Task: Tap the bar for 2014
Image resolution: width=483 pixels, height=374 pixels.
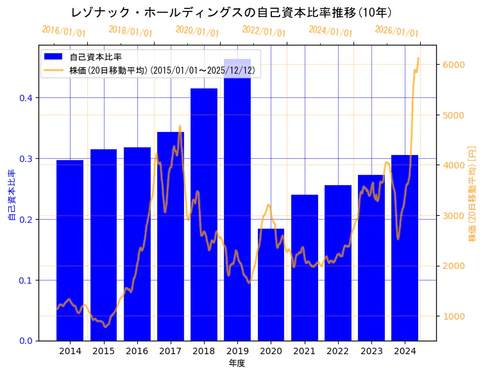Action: pyautogui.click(x=70, y=250)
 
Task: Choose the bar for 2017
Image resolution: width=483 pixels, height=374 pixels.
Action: pyautogui.click(x=171, y=236)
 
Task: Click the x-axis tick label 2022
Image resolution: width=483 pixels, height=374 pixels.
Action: pyautogui.click(x=338, y=351)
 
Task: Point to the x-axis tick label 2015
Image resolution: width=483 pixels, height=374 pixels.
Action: pyautogui.click(x=103, y=351)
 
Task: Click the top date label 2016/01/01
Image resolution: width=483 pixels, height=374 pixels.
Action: pyautogui.click(x=64, y=31)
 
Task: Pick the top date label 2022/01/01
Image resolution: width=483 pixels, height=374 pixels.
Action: pyautogui.click(x=264, y=31)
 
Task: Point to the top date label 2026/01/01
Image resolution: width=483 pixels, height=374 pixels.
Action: pyautogui.click(x=396, y=31)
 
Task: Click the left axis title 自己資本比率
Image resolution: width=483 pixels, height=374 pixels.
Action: pyautogui.click(x=11, y=195)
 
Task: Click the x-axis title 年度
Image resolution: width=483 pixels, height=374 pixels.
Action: pyautogui.click(x=237, y=363)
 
